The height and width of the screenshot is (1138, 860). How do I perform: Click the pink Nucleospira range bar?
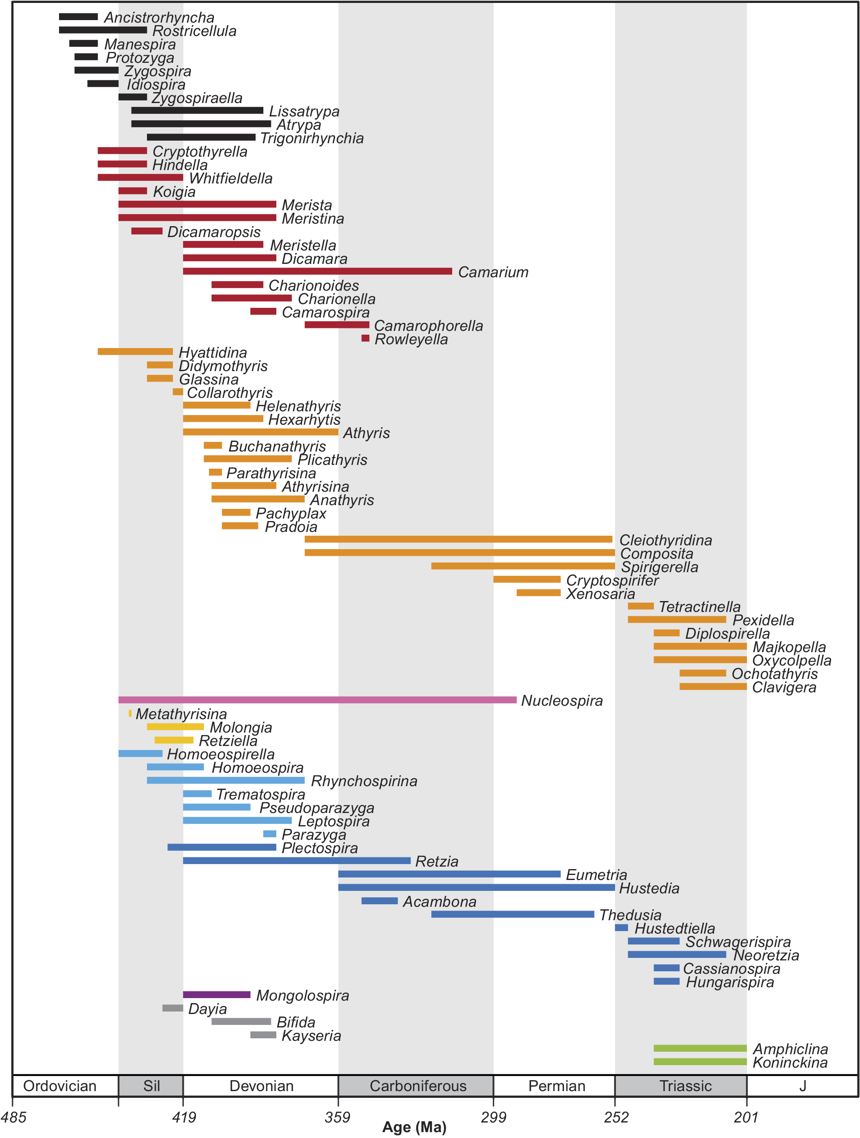pos(317,699)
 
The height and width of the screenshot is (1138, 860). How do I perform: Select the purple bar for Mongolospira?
pos(216,994)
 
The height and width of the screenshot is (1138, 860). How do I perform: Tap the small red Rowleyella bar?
pos(365,338)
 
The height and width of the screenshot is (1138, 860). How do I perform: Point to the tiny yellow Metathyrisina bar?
pos(130,713)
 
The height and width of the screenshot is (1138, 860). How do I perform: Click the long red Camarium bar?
pos(317,271)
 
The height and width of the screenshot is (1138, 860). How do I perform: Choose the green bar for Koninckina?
pos(700,1061)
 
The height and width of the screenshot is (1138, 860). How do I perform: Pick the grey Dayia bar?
pos(173,1008)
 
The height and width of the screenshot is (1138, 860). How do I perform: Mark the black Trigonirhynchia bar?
pos(201,137)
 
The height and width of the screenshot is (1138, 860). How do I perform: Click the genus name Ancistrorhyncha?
pos(159,18)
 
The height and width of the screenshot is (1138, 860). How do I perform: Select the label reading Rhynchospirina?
pos(364,781)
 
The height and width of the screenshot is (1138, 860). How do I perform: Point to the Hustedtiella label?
pos(675,928)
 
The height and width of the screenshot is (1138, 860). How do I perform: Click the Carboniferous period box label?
pos(418,1086)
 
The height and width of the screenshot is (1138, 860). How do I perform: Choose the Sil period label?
pos(151,1086)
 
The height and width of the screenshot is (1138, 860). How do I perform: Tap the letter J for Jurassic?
pos(802,1086)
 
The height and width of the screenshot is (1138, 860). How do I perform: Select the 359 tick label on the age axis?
pos(337,1117)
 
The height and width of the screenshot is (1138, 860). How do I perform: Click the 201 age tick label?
pos(746,1117)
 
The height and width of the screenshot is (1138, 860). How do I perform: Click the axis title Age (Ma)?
pos(414,1127)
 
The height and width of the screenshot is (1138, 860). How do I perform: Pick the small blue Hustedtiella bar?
pos(621,928)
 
